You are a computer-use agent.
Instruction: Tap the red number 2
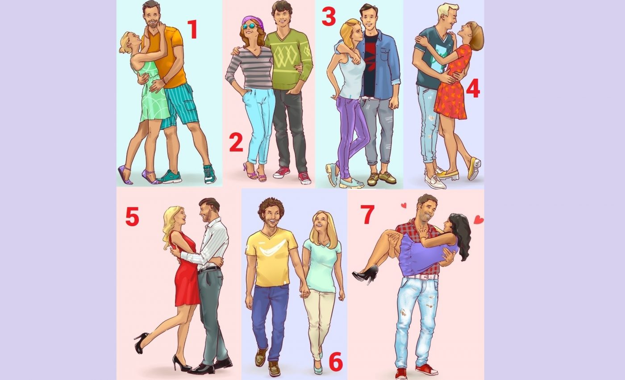pos(236,143)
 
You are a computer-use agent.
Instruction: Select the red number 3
pos(329,16)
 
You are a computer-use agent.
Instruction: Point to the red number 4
pos(473,88)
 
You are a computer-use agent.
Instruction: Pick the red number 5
pos(132,216)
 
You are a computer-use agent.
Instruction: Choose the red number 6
pos(336,363)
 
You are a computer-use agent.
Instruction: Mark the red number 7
pos(367,215)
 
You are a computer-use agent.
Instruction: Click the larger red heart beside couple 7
pos(479,220)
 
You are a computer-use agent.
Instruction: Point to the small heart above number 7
pos(404,206)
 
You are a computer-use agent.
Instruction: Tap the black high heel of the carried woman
pos(365,273)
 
